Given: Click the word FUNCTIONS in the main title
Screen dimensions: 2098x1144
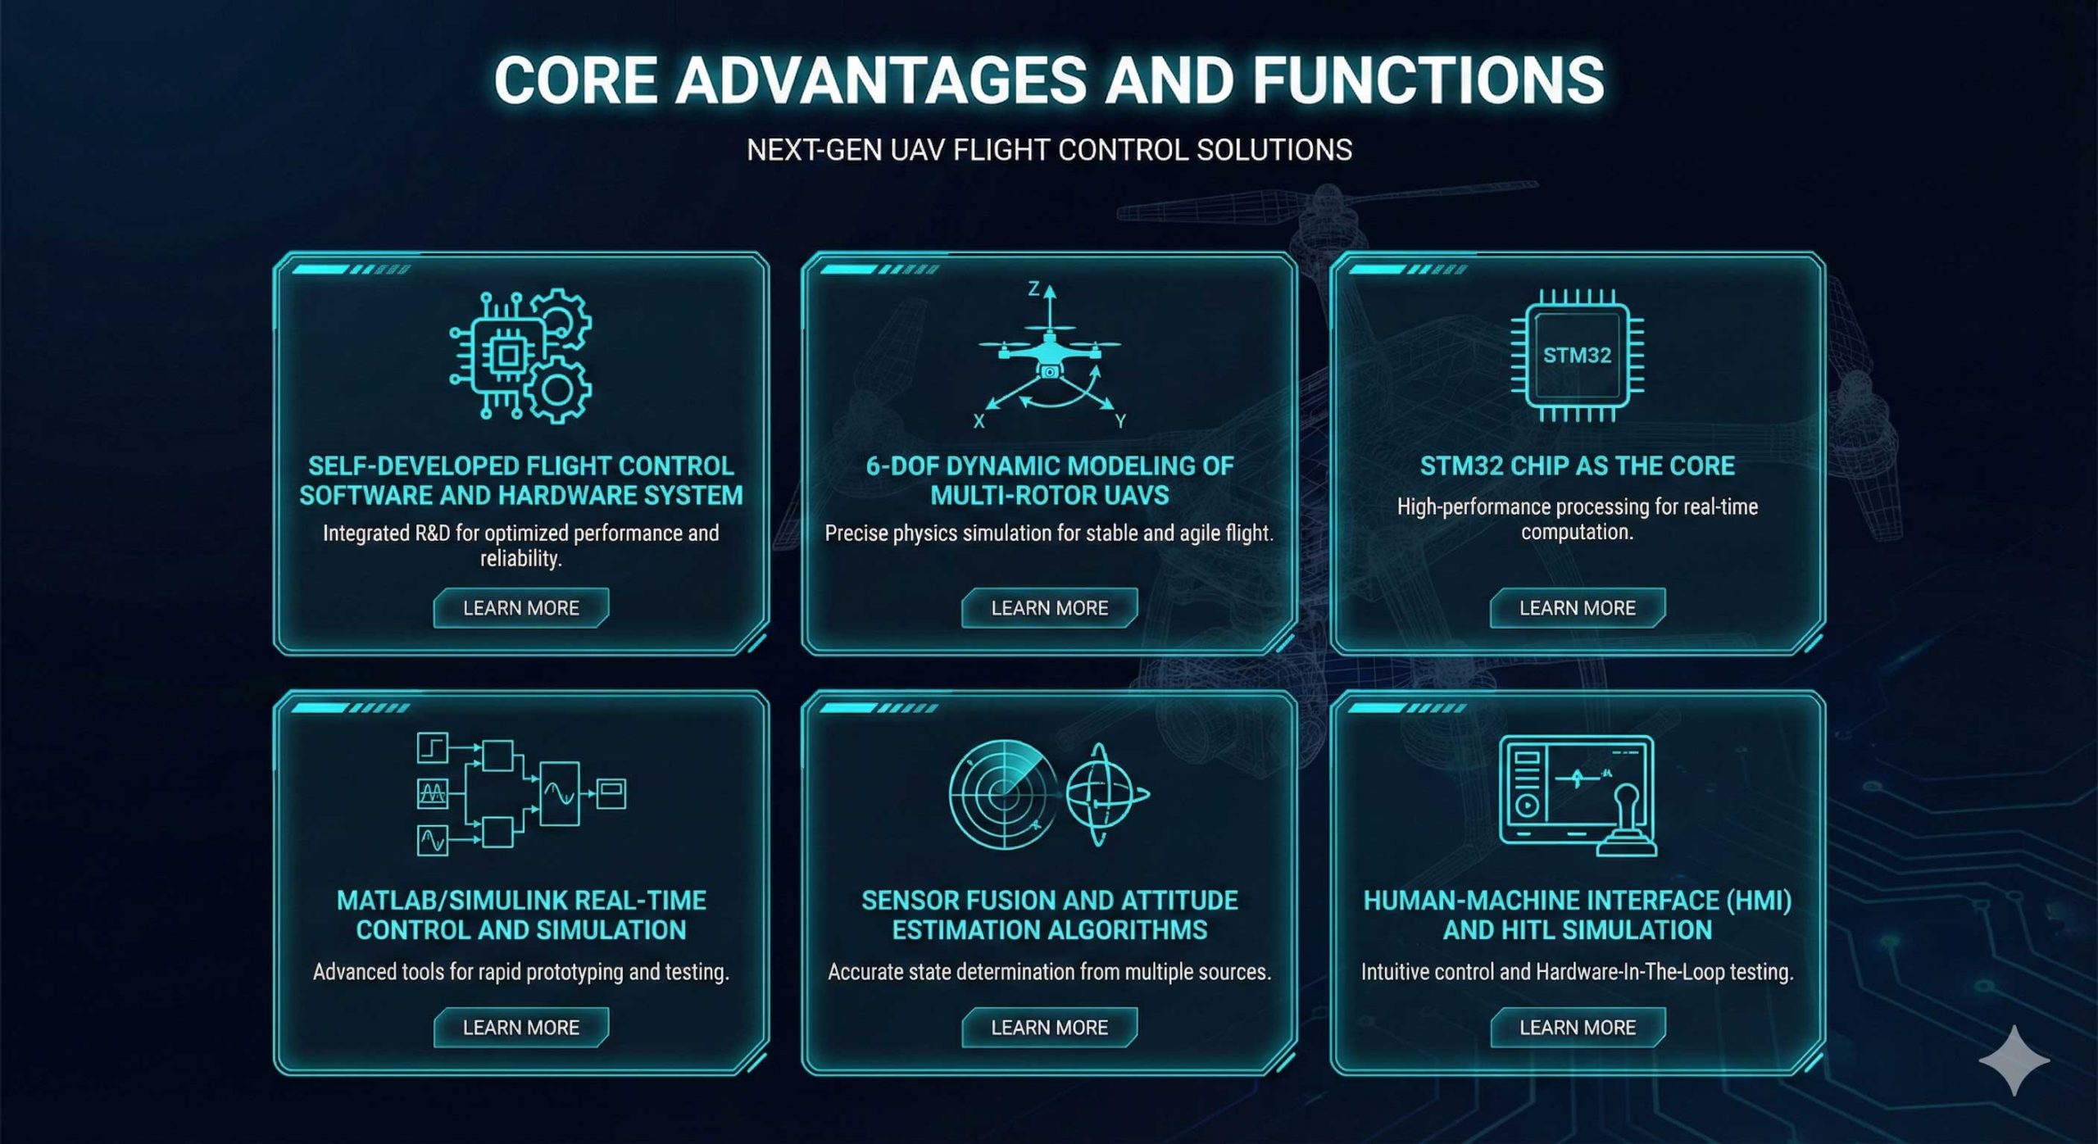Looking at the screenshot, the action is click(1428, 79).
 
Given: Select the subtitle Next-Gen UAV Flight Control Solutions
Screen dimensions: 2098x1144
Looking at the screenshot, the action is click(1049, 150).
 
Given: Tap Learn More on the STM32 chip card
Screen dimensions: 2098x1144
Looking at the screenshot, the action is click(1578, 608).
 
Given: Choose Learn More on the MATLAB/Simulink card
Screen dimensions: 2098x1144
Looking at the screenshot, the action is click(521, 1028).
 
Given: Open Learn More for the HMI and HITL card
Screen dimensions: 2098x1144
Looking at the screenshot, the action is click(1578, 1028).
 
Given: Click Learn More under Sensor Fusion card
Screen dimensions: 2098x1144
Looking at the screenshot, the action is click(1050, 1028).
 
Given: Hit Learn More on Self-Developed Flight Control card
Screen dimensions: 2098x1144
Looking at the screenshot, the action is click(521, 608).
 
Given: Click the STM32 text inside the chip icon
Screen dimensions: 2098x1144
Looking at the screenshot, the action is click(1577, 356).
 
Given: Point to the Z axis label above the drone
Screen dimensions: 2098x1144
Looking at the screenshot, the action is click(1034, 288).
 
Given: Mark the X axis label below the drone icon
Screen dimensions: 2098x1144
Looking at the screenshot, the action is click(979, 421).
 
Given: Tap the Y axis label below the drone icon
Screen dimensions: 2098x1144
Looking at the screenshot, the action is click(1120, 421).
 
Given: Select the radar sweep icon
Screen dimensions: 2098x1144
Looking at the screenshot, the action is click(1002, 794).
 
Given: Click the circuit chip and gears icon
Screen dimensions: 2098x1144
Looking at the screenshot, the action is click(520, 356).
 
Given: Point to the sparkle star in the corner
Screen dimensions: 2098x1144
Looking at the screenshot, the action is click(2014, 1060).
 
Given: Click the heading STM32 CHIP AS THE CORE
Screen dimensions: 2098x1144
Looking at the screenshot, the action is click(1578, 465).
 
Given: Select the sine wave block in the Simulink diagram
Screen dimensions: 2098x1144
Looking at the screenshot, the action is click(560, 793).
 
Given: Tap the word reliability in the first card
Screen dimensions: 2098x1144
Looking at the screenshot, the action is click(520, 559).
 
